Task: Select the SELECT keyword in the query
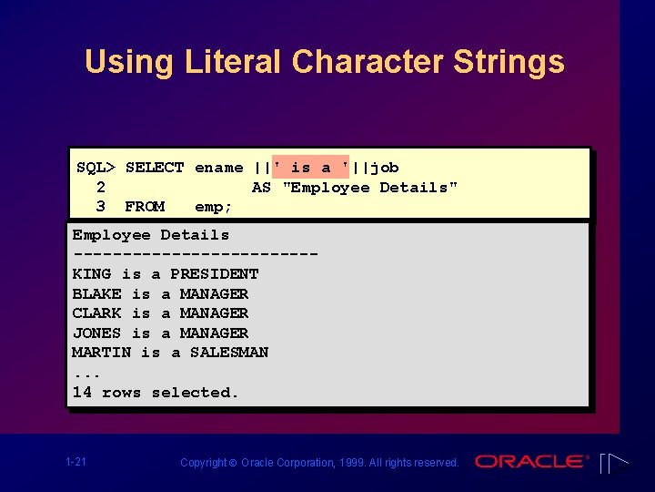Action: (155, 168)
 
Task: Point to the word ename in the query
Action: (219, 168)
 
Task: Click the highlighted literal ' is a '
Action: (311, 168)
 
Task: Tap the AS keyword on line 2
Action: (261, 188)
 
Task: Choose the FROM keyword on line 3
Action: (145, 207)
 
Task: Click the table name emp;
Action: (214, 207)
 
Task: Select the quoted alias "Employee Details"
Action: (370, 188)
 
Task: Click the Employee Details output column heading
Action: (151, 235)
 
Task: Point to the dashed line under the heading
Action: (195, 254)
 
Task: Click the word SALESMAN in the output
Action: (229, 353)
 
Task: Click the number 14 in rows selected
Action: (82, 393)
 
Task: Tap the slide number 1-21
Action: (76, 463)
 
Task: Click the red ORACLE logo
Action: (531, 462)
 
